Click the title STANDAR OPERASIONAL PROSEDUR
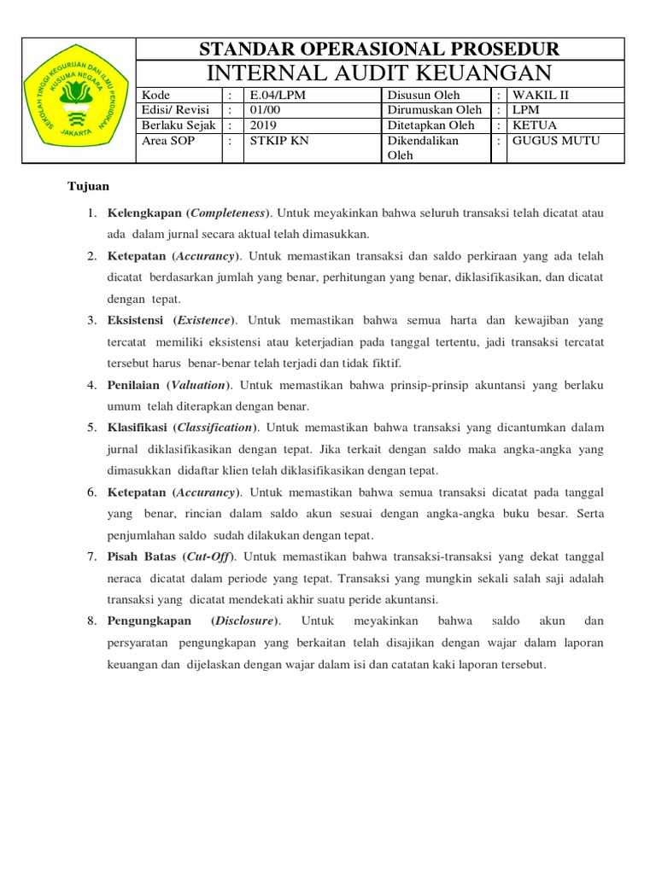click(380, 49)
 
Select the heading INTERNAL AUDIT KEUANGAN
click(380, 72)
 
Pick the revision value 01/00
click(261, 110)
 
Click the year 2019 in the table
click(259, 125)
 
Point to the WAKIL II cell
click(540, 96)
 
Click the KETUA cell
click(534, 125)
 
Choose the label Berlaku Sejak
click(179, 125)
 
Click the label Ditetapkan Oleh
click(430, 125)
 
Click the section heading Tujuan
click(89, 185)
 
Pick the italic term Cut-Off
click(210, 556)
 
